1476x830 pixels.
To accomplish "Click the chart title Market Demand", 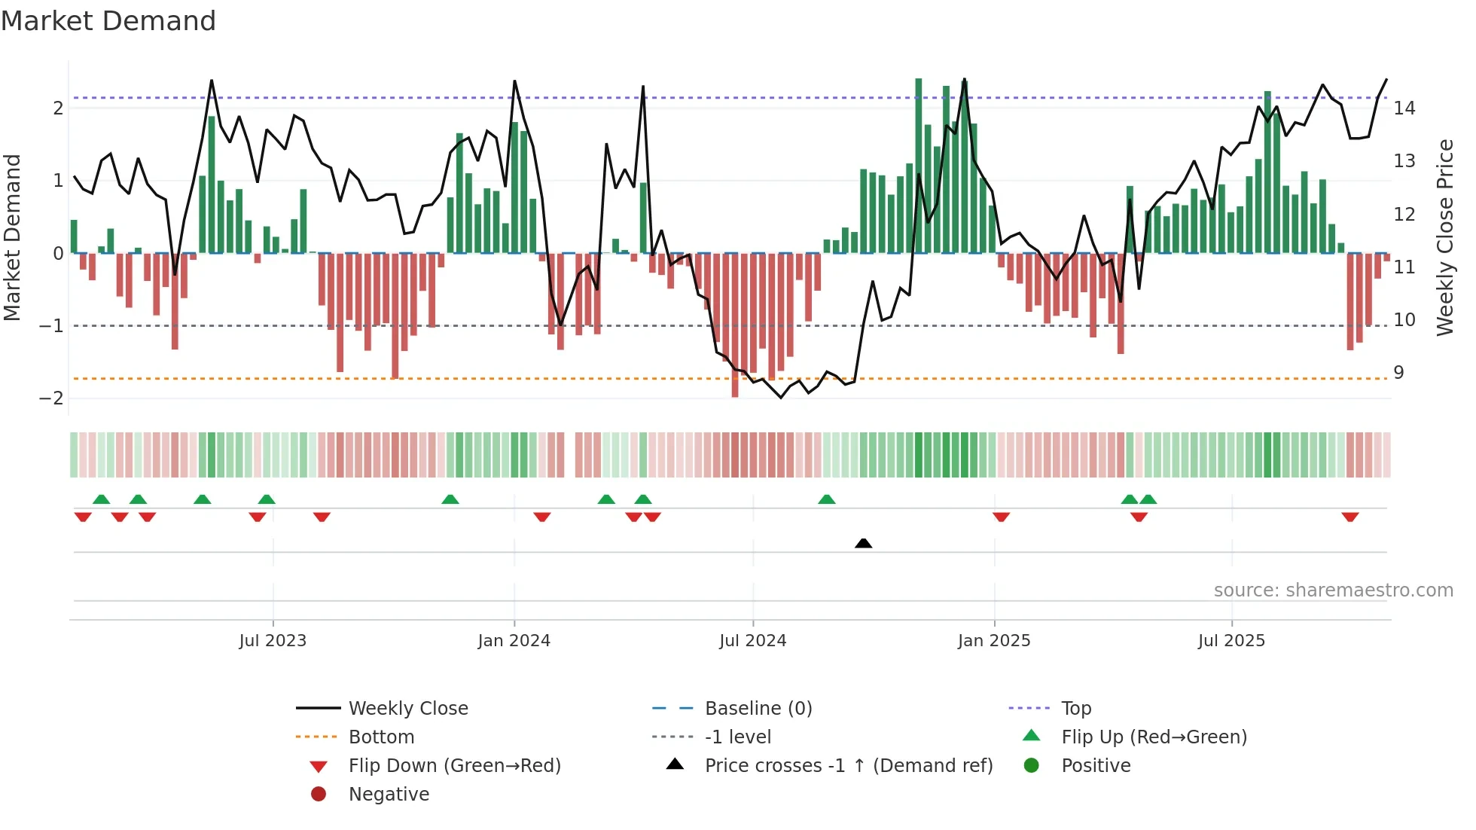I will coord(108,21).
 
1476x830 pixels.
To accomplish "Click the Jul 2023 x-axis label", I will coord(273,641).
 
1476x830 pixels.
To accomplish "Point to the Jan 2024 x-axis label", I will coord(514,641).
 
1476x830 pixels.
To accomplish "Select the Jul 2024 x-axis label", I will coord(752,641).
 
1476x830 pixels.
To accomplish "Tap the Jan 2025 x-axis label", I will coord(994,641).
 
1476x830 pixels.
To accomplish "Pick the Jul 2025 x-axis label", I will coord(1231,641).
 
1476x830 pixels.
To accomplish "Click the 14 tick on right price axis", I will coord(1404,108).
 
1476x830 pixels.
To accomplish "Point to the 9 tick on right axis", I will coord(1398,373).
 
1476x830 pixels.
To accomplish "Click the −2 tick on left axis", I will coord(52,398).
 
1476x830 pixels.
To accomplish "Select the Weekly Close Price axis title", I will coord(1444,237).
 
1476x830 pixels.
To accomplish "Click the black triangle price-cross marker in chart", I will coord(864,543).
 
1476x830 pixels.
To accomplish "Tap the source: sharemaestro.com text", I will coord(1333,590).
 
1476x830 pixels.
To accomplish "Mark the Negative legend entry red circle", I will coord(319,795).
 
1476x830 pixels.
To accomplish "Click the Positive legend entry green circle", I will coord(1032,766).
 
